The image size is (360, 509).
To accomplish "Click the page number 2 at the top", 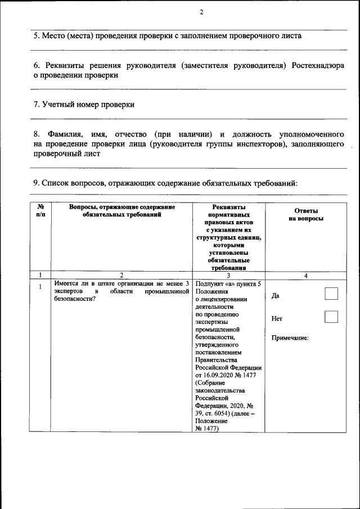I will pos(201,13).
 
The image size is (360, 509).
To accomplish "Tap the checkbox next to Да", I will pos(331,294).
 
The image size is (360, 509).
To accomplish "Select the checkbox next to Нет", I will pos(331,317).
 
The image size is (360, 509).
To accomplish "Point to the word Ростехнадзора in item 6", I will pos(319,66).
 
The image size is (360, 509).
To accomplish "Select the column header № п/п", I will pos(40,211).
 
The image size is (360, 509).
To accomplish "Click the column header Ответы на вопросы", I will pos(305,214).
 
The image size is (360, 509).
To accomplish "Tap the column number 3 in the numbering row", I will pos(228,275).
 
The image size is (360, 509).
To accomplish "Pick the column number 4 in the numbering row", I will pos(305,275).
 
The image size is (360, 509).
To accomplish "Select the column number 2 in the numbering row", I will pos(122,275).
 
